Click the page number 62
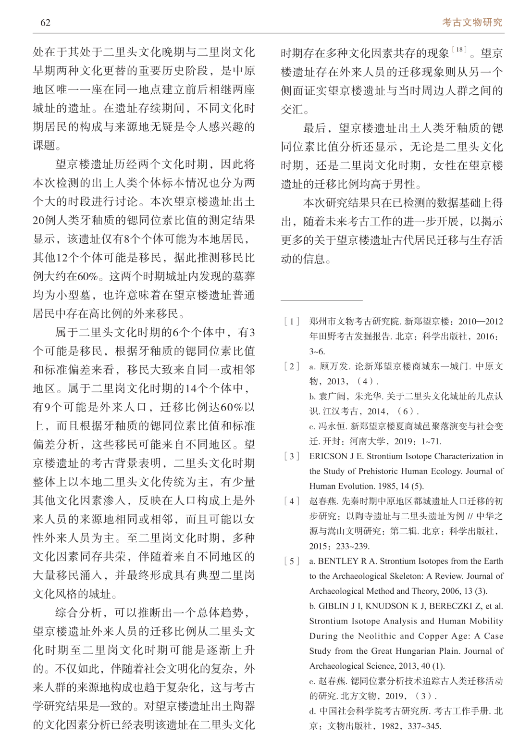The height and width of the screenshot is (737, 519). (46, 23)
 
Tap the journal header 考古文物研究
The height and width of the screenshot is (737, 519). (472, 22)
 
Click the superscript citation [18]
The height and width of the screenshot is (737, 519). (460, 49)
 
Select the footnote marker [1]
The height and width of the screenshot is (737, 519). (292, 321)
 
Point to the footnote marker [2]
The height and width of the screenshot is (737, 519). (292, 366)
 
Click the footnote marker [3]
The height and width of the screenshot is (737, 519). (292, 456)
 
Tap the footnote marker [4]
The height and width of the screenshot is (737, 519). (292, 501)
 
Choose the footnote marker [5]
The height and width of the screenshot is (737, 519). (292, 561)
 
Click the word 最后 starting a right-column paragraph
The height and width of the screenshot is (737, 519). (314, 128)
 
